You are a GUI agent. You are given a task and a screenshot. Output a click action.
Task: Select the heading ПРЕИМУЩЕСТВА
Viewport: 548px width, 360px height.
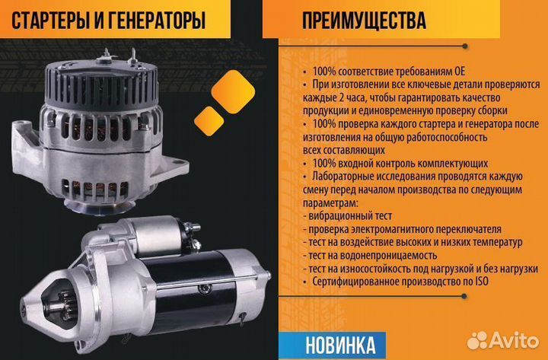pyautogui.click(x=363, y=21)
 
